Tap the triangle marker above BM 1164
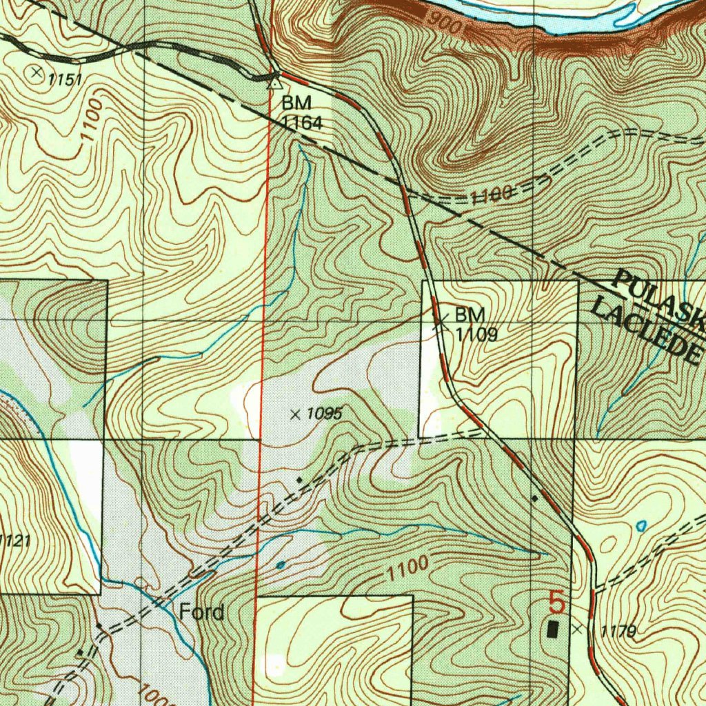pyautogui.click(x=274, y=83)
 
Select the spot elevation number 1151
pyautogui.click(x=65, y=80)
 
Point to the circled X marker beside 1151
pyautogui.click(x=36, y=72)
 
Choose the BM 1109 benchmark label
pyautogui.click(x=474, y=325)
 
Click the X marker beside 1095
pyautogui.click(x=295, y=414)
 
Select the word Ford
pyautogui.click(x=201, y=612)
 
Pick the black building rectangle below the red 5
pyautogui.click(x=552, y=629)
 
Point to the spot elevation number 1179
pyautogui.click(x=617, y=630)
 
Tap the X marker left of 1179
pyautogui.click(x=577, y=629)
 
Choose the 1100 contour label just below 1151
pyautogui.click(x=92, y=121)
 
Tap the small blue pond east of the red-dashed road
pyautogui.click(x=641, y=526)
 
